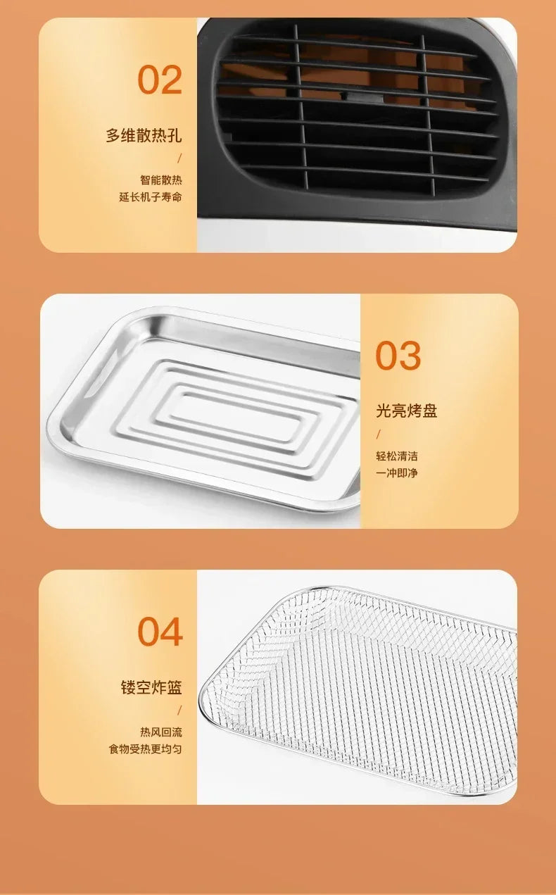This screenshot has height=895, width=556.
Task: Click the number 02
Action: (160, 80)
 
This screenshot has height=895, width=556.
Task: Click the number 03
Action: (398, 356)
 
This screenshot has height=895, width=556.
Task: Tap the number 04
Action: (160, 632)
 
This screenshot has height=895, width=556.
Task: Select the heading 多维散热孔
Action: (144, 135)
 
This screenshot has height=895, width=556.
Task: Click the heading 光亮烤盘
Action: (406, 411)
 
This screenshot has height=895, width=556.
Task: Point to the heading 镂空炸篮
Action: (151, 687)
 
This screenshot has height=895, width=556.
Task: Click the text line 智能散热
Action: (160, 180)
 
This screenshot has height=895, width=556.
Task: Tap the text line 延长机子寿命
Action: (150, 197)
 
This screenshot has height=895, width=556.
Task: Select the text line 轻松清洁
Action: (396, 456)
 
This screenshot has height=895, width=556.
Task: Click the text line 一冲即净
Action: (396, 473)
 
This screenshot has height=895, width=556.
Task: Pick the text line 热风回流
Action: (160, 732)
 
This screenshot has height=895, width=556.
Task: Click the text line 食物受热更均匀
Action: (145, 749)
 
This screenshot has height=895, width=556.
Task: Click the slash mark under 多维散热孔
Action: (179, 158)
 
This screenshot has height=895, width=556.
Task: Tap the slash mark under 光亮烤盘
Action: (379, 434)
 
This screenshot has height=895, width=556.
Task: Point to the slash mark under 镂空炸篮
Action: (179, 711)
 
